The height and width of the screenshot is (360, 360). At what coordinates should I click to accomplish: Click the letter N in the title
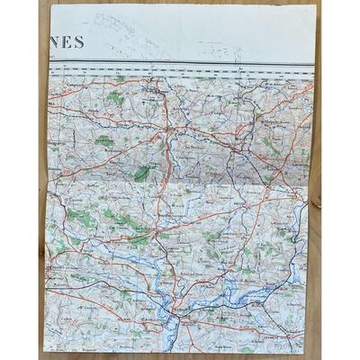(x=56, y=42)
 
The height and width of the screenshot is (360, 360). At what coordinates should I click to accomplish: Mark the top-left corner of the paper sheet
(x=51, y=6)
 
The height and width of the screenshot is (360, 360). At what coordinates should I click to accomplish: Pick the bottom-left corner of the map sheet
(x=42, y=350)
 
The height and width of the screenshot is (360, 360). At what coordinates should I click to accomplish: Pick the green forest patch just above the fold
(x=142, y=171)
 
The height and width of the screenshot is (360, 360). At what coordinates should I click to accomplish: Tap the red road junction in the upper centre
(x=165, y=135)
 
